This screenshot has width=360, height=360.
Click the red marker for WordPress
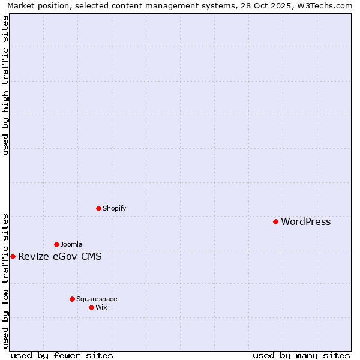click(x=275, y=221)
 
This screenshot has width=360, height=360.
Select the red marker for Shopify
click(x=98, y=208)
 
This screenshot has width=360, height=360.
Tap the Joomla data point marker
click(x=56, y=244)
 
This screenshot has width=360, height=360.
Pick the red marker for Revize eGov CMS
click(x=13, y=256)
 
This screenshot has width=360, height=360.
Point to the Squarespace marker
click(x=72, y=299)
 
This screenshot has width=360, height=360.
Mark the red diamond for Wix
click(x=91, y=307)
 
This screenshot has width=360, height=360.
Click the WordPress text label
click(x=305, y=222)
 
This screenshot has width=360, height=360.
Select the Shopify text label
click(x=114, y=209)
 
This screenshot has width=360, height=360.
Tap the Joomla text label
click(x=71, y=245)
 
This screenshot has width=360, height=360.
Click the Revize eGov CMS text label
click(x=60, y=257)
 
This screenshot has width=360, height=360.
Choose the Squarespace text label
click(x=97, y=299)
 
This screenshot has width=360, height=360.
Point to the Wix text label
click(x=101, y=308)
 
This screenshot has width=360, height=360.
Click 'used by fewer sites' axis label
click(x=62, y=355)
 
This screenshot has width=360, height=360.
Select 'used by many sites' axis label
click(x=301, y=355)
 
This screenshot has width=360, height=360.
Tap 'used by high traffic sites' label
click(x=5, y=85)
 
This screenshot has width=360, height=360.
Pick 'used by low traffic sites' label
click(x=5, y=281)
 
